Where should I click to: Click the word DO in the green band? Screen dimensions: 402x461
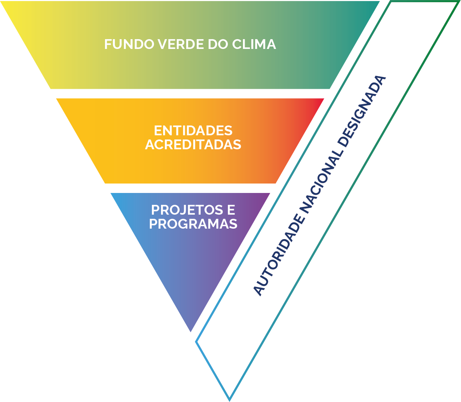(x=218, y=44)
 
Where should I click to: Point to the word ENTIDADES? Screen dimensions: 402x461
(x=193, y=131)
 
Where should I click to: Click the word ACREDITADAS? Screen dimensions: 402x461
(x=193, y=144)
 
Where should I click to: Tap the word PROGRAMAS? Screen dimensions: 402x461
(x=193, y=224)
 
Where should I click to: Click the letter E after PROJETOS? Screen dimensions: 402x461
(x=231, y=210)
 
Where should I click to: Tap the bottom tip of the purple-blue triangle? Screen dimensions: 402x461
(x=191, y=331)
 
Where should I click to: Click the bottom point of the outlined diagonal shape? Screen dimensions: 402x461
(x=229, y=399)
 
